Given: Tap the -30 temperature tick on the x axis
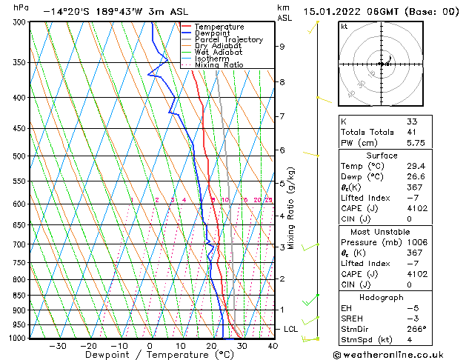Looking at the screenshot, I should pyautogui.click(x=57, y=345).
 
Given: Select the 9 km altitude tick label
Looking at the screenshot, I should pyautogui.click(x=282, y=46).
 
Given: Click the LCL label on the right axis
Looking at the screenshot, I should pyautogui.click(x=292, y=329).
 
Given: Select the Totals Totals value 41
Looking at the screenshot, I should pyautogui.click(x=411, y=132).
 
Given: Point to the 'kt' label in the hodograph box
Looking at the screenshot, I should pyautogui.click(x=344, y=26).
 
